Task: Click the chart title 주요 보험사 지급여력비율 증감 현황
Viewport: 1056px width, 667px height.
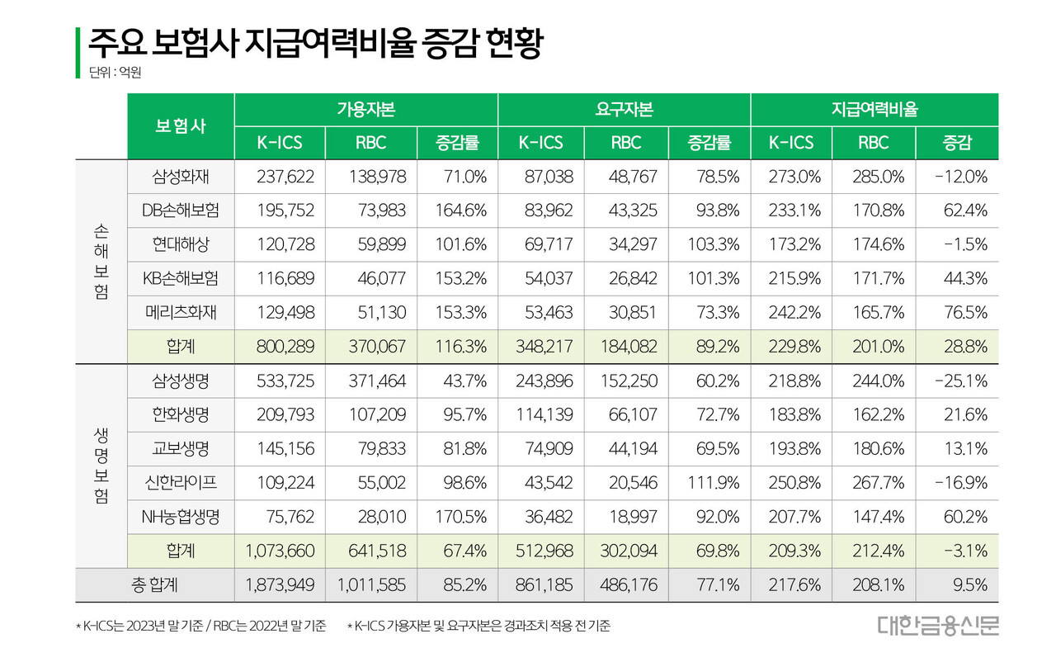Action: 315,43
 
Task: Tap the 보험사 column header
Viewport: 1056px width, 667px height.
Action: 181,126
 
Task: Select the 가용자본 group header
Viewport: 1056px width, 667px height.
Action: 365,109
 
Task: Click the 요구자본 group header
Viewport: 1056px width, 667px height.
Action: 624,109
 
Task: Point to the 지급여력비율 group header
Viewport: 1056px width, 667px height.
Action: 874,109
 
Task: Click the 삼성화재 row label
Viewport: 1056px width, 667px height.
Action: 181,177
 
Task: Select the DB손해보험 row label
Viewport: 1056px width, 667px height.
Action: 181,211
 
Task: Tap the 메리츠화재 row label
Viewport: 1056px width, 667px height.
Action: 181,313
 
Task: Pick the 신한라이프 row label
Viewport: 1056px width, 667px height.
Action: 181,483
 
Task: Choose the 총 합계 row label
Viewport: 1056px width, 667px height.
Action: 155,585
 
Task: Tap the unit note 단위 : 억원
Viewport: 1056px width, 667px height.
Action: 115,73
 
